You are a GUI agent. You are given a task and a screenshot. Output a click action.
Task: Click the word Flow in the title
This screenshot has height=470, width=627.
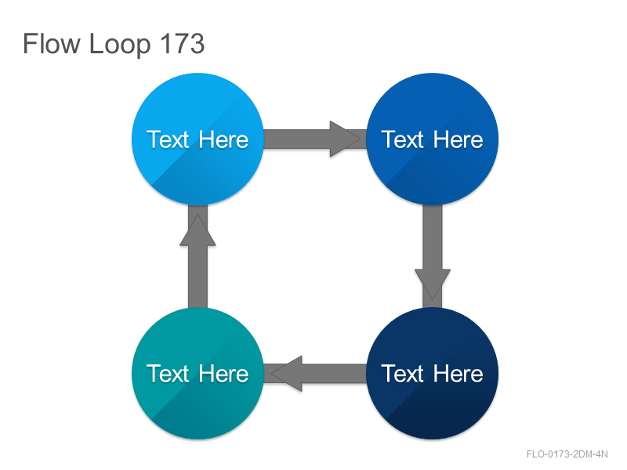tap(52, 43)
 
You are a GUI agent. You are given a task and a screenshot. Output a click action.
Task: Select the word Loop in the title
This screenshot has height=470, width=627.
tap(120, 45)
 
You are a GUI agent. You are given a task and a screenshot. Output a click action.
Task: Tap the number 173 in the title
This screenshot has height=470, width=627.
tap(183, 43)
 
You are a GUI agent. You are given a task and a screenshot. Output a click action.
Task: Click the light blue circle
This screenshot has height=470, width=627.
tap(198, 139)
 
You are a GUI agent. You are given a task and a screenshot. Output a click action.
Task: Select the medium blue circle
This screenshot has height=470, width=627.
tap(433, 139)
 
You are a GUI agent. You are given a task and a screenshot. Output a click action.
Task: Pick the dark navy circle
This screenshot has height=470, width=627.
tap(433, 374)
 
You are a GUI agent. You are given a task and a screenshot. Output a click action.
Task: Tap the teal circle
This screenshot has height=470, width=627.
tap(198, 374)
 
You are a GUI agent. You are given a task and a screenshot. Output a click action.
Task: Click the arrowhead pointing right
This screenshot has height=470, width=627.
tap(345, 139)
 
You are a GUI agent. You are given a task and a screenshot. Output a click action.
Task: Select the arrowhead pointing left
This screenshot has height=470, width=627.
tap(286, 374)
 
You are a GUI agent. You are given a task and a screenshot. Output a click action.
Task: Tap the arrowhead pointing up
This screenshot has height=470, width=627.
tap(198, 230)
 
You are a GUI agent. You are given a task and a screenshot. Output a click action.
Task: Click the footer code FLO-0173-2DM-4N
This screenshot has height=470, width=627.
tap(567, 454)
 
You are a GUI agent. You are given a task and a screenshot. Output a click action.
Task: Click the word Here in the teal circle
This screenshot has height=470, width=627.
tap(223, 374)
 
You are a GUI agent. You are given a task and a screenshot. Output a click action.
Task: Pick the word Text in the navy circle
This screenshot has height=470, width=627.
tap(402, 374)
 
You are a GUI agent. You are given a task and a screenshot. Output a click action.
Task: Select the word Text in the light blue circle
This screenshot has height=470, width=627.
tap(167, 139)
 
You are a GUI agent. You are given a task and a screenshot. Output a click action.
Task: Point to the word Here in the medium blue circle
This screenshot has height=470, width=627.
tap(458, 139)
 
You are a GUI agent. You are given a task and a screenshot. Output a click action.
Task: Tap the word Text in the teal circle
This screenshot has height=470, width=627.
tap(167, 374)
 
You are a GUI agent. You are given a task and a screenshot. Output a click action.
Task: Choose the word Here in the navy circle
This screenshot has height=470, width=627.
tap(458, 374)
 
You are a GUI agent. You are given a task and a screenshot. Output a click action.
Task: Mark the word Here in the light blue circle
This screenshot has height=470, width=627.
tap(223, 139)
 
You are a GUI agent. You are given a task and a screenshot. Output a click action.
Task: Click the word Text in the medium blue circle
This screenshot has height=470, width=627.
tap(402, 139)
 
